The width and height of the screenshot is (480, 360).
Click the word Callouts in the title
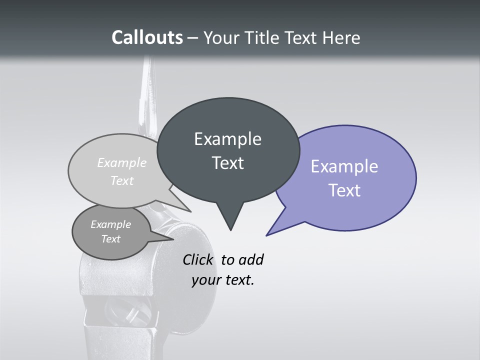[147, 37]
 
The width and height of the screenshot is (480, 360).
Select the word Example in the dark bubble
[227, 139]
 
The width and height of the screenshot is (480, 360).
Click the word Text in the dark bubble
[227, 163]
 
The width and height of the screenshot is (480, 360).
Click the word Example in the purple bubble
[344, 166]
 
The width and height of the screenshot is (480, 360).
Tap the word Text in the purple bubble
[344, 190]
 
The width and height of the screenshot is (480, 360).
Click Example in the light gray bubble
[122, 162]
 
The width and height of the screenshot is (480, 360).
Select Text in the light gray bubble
[122, 180]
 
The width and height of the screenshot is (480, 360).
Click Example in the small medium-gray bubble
[110, 224]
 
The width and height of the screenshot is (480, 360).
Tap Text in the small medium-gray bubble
[110, 239]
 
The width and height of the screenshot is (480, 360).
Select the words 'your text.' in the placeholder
[222, 280]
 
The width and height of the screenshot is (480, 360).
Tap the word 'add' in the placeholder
[251, 259]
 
